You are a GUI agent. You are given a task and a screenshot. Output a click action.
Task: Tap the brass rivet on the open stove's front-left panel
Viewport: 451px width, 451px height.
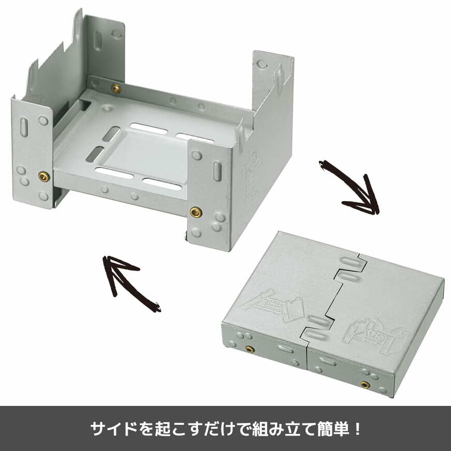click(x=44, y=177)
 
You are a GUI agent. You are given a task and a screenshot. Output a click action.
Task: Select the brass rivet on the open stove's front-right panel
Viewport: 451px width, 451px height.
click(x=195, y=212)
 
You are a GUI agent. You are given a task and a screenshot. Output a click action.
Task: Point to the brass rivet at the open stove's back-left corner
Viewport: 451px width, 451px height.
click(x=116, y=89)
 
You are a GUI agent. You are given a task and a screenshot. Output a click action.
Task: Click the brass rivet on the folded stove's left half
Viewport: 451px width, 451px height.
click(x=250, y=349)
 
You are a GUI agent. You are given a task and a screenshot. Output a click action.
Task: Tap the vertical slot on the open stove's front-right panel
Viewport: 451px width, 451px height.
click(x=218, y=171)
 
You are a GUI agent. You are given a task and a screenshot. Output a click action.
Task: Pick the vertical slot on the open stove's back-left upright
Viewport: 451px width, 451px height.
click(x=97, y=41)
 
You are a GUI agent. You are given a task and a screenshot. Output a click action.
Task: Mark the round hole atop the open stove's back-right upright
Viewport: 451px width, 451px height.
click(x=262, y=64)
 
